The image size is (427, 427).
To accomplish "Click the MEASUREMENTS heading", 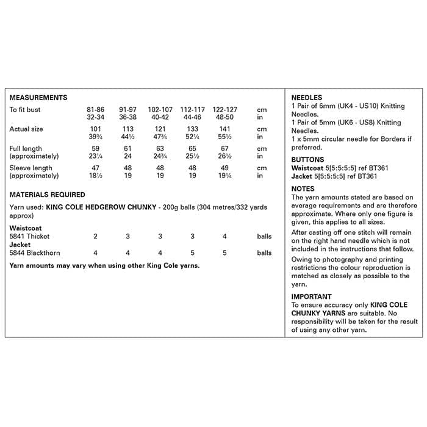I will point(38,98).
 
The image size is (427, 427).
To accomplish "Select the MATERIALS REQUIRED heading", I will point(48,195).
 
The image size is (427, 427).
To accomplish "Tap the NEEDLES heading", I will point(307,98).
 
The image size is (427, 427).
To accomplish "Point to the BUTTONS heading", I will point(308,160).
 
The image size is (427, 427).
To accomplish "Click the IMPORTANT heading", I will point(312,297).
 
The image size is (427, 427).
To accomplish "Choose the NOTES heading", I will point(303,189).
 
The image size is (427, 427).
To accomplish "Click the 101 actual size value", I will point(95,129).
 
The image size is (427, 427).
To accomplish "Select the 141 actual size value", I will point(224,129).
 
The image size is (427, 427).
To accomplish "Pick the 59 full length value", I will point(95,149).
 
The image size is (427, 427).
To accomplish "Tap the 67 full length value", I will point(224,149).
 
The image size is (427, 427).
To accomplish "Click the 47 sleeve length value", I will point(95,168).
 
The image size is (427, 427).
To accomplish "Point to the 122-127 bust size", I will point(224,110).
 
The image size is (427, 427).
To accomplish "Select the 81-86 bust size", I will point(96,110).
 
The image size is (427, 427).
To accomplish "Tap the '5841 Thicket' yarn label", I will point(30,237).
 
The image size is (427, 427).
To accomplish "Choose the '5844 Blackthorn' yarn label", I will point(35,253).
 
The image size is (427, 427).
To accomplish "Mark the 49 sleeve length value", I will point(224,168).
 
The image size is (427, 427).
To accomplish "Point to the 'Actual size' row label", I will point(26,129).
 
